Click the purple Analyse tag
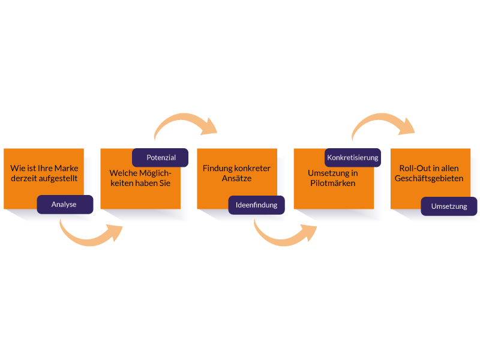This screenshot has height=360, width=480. [x=64, y=205]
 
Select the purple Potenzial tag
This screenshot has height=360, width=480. [x=161, y=158]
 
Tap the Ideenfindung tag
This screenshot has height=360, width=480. [x=256, y=205]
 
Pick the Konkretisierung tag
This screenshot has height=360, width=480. [x=353, y=158]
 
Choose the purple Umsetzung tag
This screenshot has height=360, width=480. [x=449, y=206]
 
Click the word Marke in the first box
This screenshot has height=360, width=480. [x=66, y=168]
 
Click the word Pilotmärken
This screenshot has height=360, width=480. [x=333, y=183]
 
